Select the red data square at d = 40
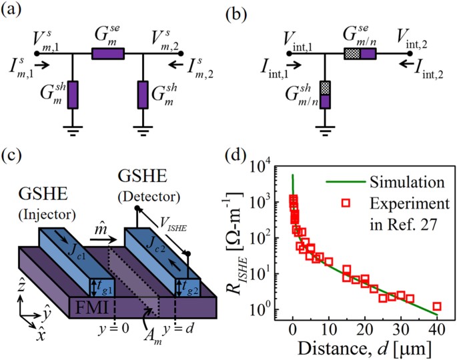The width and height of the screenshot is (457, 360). click(x=437, y=306)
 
